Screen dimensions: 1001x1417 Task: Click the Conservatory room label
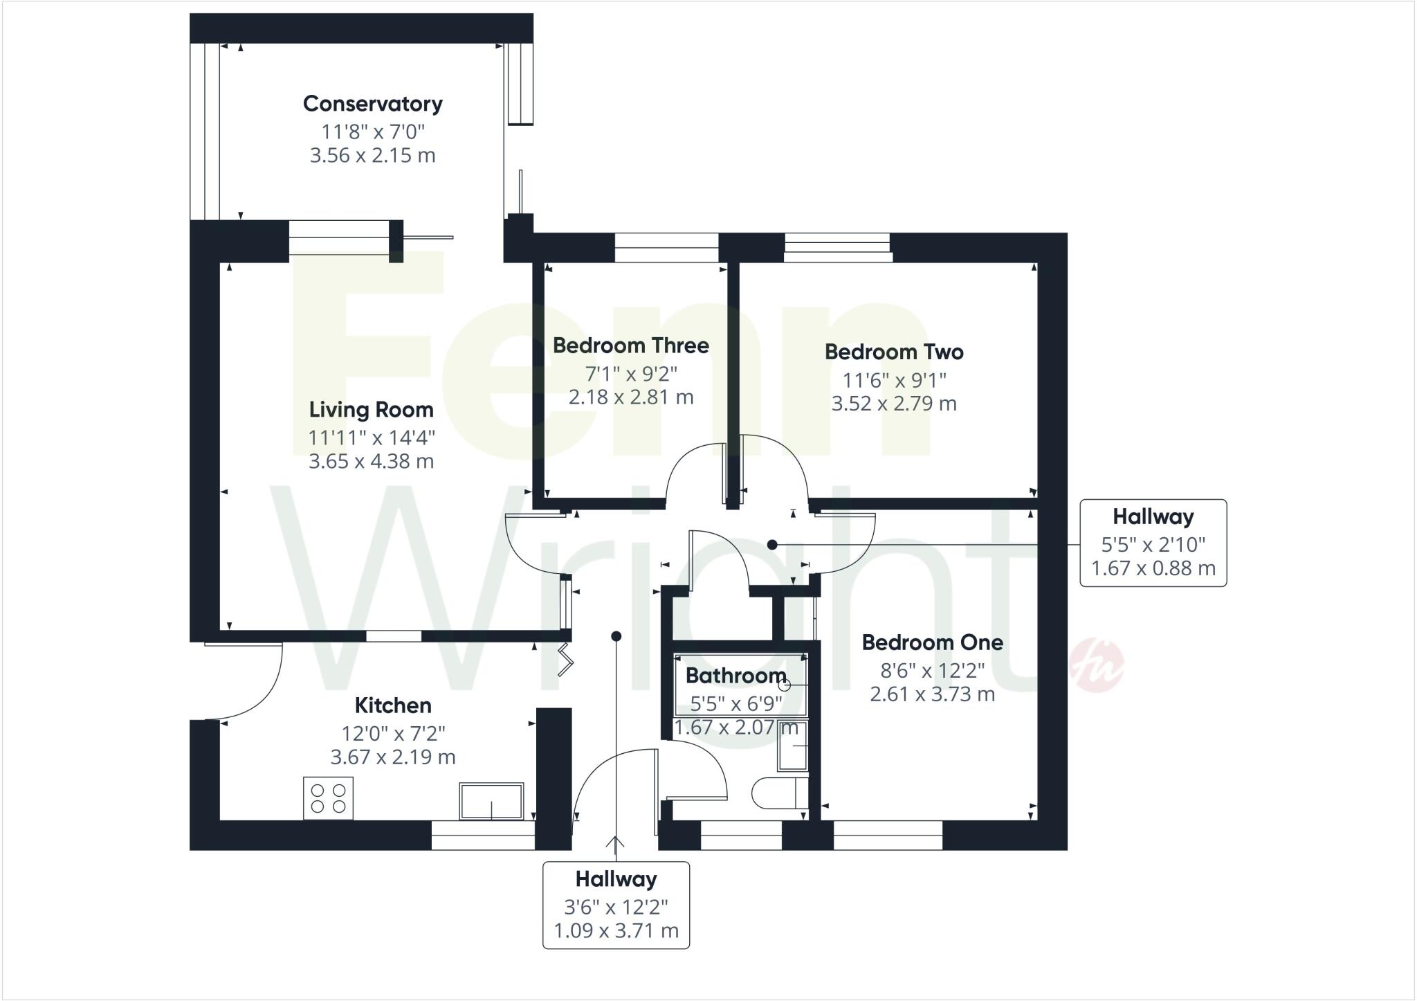tap(372, 104)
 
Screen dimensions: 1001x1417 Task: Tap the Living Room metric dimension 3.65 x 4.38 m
tap(371, 461)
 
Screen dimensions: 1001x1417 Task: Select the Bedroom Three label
tap(630, 345)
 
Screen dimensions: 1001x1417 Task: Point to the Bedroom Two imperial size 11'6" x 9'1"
tap(894, 380)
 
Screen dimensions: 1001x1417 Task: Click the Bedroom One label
tap(932, 642)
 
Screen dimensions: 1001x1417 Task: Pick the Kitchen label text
tap(393, 705)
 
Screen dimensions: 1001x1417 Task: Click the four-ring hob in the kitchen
tap(329, 798)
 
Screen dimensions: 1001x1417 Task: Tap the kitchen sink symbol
tap(491, 801)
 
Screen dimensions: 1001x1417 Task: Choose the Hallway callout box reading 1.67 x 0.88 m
tap(1153, 543)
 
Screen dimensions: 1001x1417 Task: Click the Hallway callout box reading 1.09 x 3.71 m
tap(616, 905)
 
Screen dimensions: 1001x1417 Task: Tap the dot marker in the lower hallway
tap(616, 636)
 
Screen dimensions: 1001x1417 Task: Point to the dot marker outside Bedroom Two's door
tap(772, 545)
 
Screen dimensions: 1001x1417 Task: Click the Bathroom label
tap(735, 676)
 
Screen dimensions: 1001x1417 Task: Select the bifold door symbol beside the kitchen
tap(566, 659)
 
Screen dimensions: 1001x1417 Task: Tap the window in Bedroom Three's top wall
tap(666, 248)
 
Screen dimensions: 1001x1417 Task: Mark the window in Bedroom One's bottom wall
tap(888, 835)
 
